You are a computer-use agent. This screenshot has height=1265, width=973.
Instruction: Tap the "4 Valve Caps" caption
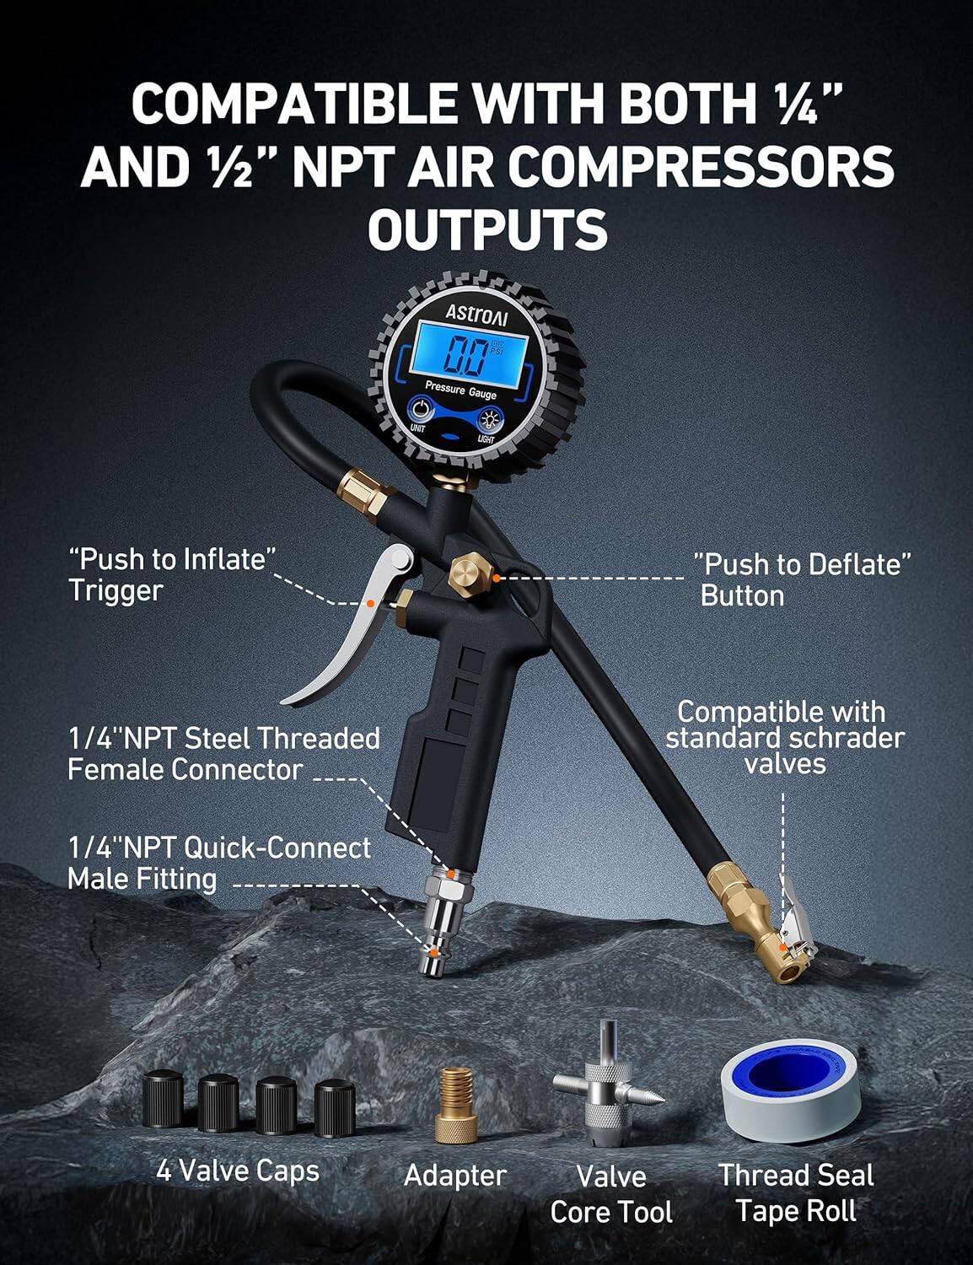pyautogui.click(x=238, y=1171)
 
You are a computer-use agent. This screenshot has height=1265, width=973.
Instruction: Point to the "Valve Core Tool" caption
pyautogui.click(x=611, y=1194)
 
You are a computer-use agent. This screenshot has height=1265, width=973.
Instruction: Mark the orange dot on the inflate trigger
pyautogui.click(x=369, y=602)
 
